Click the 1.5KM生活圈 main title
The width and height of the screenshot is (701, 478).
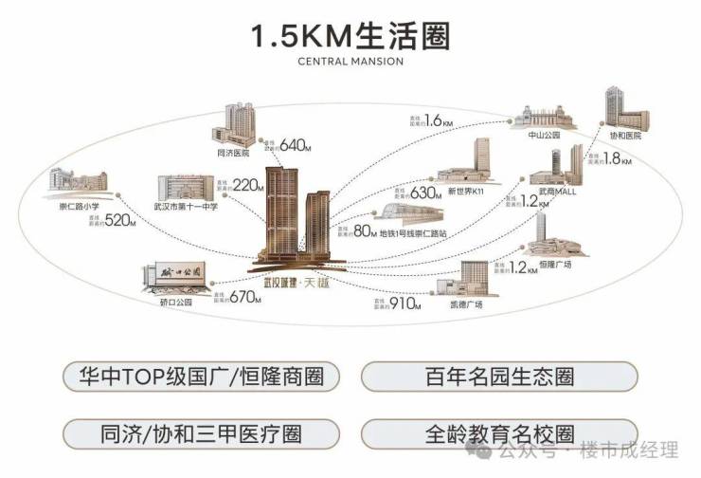350,36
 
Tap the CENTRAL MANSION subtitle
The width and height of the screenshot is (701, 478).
350,63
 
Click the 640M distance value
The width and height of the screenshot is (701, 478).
296,145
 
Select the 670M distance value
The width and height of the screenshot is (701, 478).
243,297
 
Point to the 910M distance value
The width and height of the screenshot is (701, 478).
404,304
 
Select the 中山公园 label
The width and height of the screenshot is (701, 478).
544,136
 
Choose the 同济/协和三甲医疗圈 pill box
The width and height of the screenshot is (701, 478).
201,434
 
